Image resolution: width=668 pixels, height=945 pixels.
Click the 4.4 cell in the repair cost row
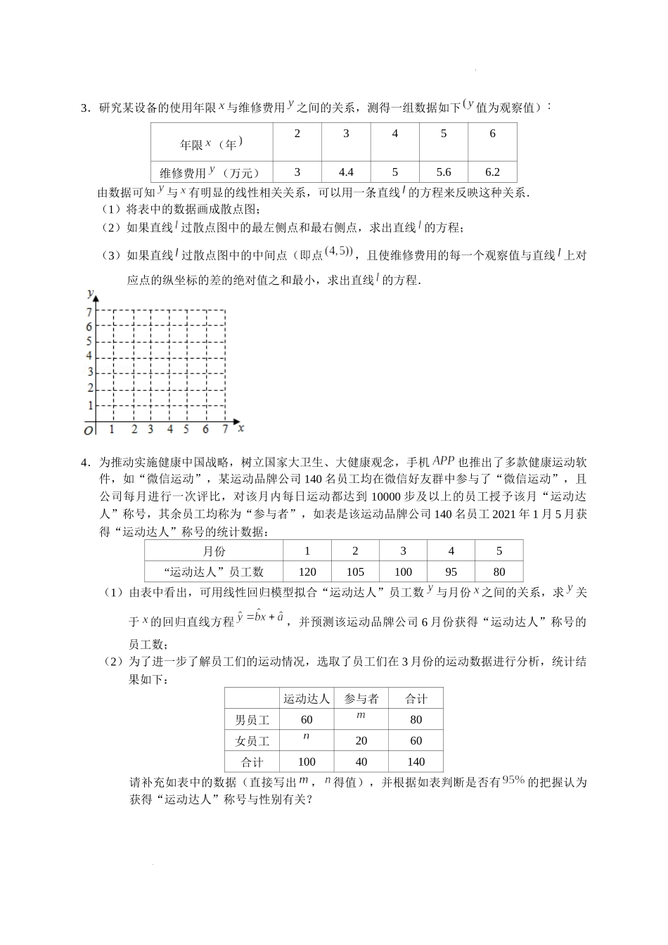click(x=345, y=172)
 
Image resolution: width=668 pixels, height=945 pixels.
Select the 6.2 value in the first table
click(x=492, y=172)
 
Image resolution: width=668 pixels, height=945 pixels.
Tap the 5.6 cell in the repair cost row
click(x=443, y=172)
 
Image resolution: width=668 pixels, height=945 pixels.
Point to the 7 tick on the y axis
click(x=89, y=311)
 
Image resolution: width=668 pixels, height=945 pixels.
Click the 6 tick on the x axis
click(x=205, y=429)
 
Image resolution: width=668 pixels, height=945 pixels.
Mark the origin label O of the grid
click(x=88, y=430)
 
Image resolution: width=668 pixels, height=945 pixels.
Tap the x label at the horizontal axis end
click(x=240, y=427)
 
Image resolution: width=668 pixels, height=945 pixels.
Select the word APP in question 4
click(x=443, y=461)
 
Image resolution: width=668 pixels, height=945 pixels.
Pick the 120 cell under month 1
click(x=307, y=572)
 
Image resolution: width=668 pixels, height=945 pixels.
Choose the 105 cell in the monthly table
click(x=355, y=572)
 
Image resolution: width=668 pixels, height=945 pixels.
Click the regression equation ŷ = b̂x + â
click(x=260, y=617)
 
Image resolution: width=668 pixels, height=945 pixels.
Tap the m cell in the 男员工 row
click(x=361, y=716)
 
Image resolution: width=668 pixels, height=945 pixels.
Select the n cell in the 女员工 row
click(x=306, y=737)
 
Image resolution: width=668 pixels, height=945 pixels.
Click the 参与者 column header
click(x=361, y=698)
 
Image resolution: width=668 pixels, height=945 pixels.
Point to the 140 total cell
click(x=416, y=761)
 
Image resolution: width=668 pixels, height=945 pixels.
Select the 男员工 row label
click(x=252, y=719)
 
